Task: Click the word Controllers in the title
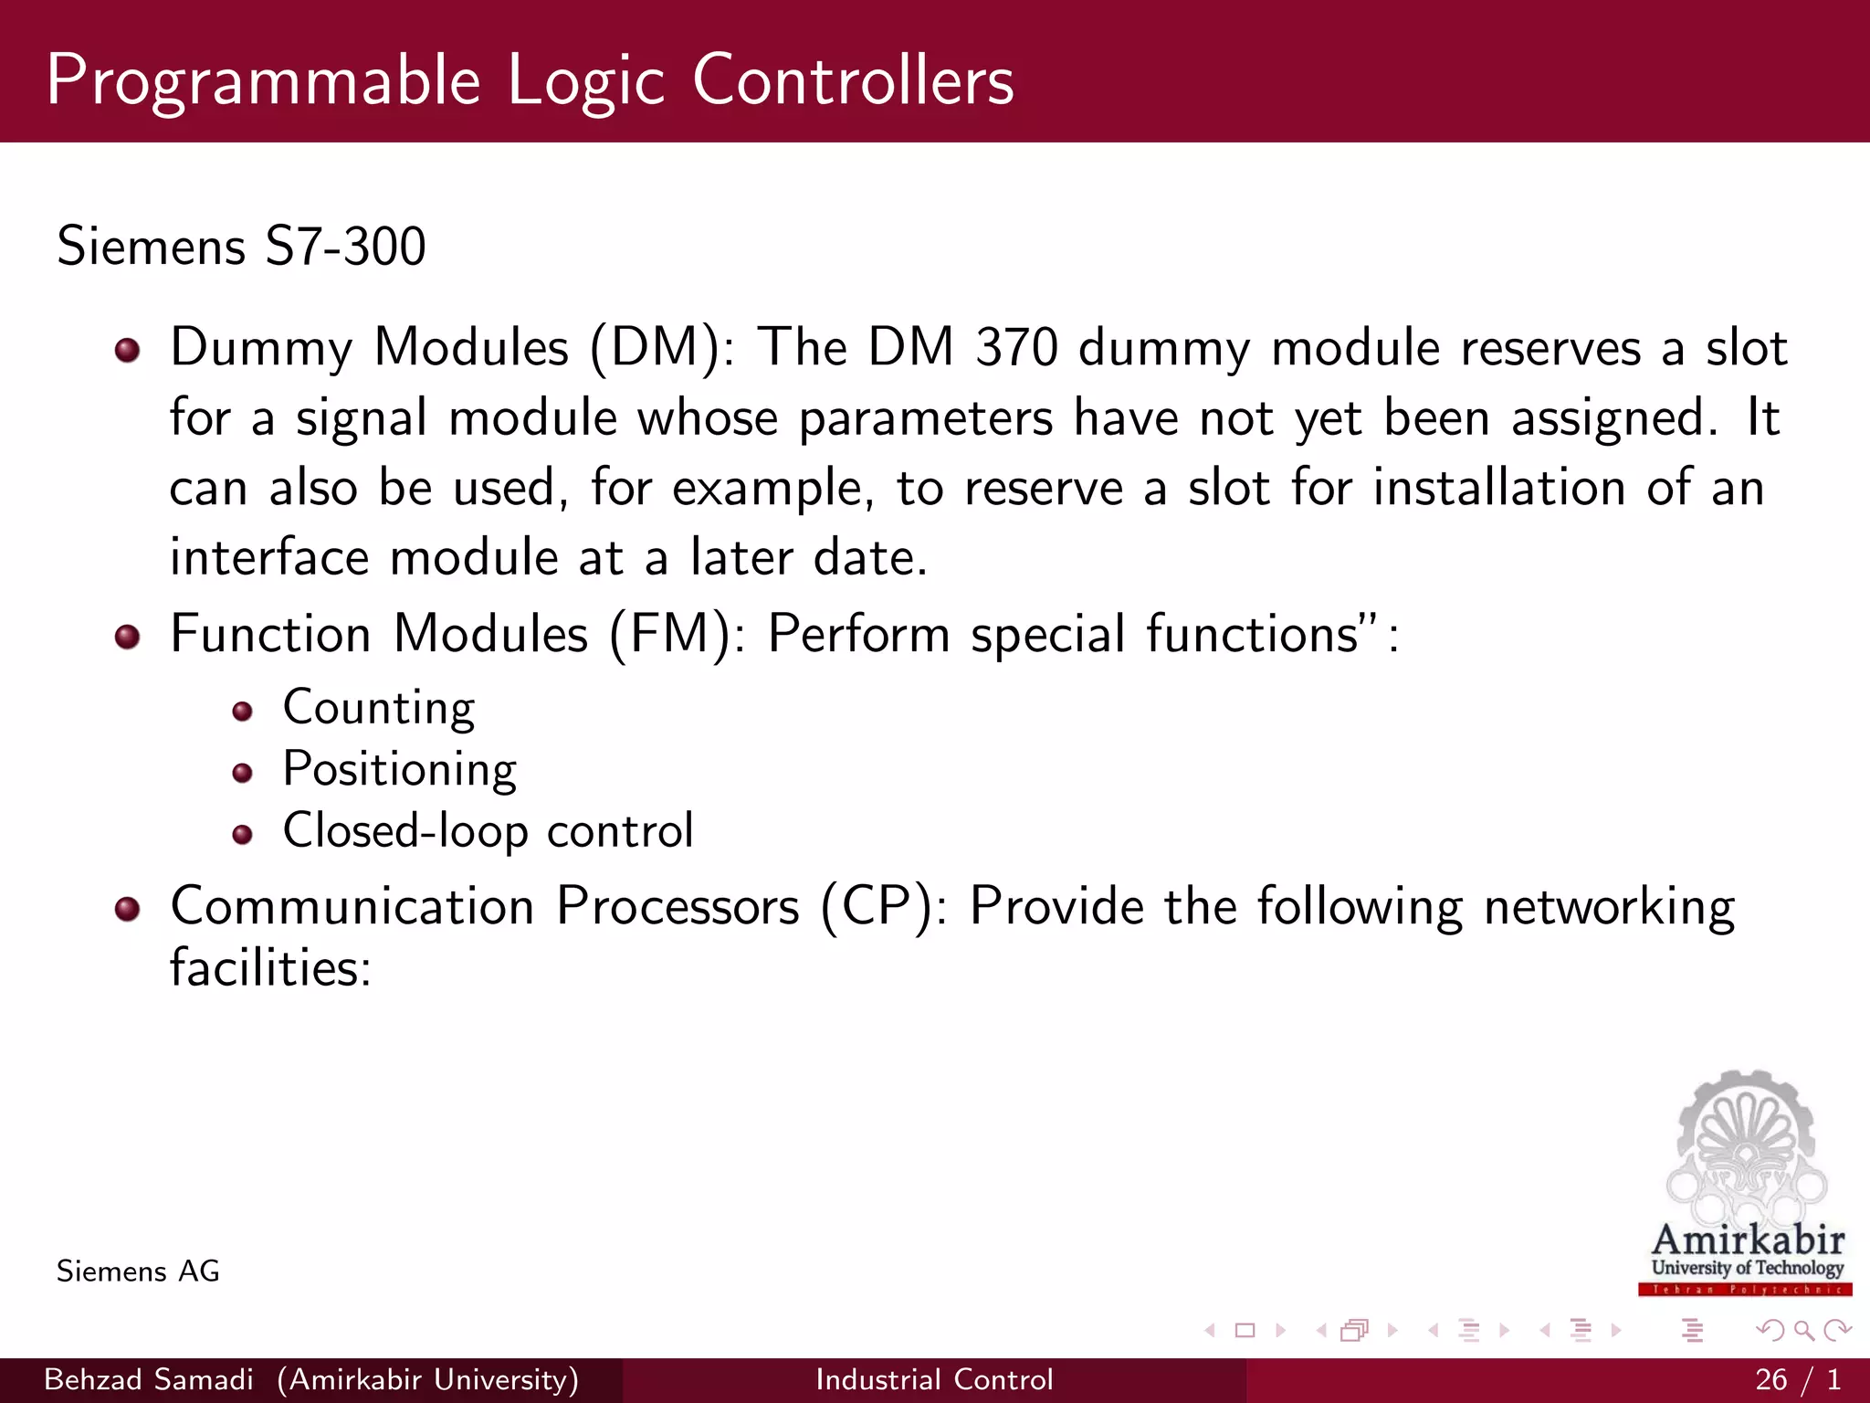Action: [x=853, y=80]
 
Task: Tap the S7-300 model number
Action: [x=345, y=247]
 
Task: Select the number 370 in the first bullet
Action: [x=1016, y=349]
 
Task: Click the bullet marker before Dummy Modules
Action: [x=128, y=350]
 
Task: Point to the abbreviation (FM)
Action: [x=670, y=634]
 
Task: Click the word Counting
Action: [x=379, y=709]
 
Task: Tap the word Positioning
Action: [x=400, y=770]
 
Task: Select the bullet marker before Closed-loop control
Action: [x=242, y=834]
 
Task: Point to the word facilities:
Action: [x=271, y=968]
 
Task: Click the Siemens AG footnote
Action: [x=138, y=1271]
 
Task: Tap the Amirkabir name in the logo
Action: [x=1748, y=1240]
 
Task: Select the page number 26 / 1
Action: [x=1797, y=1379]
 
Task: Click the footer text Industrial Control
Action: [x=934, y=1379]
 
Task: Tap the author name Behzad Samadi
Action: [x=149, y=1379]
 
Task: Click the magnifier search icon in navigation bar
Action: [x=1803, y=1331]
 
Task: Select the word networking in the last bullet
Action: [x=1609, y=907]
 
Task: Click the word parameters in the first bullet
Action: [x=926, y=419]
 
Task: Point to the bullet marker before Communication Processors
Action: [x=128, y=909]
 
